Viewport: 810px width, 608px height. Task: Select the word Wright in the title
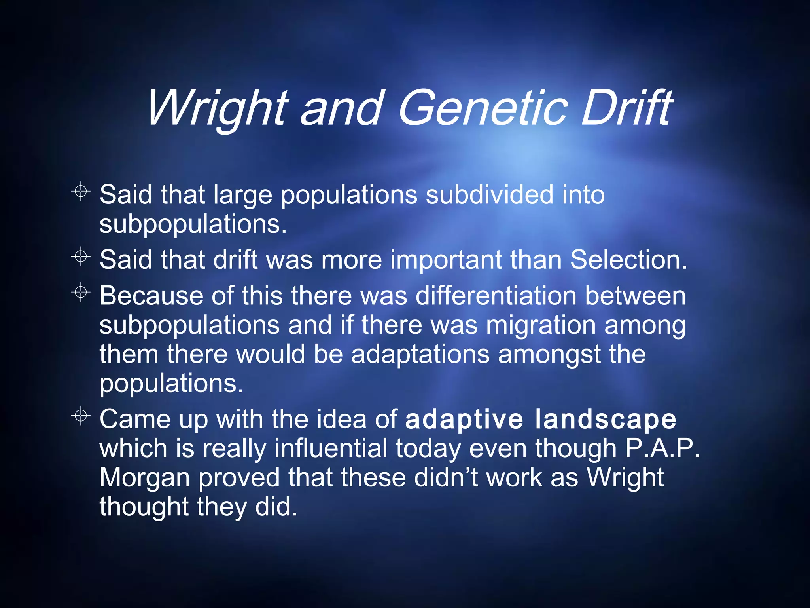[217, 108]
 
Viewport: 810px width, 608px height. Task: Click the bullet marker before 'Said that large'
[81, 192]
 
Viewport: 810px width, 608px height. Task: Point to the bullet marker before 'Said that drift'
[81, 256]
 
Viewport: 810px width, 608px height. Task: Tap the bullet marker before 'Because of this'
[81, 293]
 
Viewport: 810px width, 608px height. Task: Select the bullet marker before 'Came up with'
[81, 416]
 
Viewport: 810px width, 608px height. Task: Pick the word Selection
[628, 260]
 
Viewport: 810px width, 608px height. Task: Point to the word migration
[540, 325]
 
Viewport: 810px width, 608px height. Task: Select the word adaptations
[420, 354]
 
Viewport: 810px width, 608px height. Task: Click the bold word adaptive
[464, 420]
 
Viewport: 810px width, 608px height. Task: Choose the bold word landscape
[606, 420]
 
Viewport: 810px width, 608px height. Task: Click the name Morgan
[144, 478]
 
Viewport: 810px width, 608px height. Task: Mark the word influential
[331, 448]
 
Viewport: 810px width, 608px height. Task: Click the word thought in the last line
[144, 507]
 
